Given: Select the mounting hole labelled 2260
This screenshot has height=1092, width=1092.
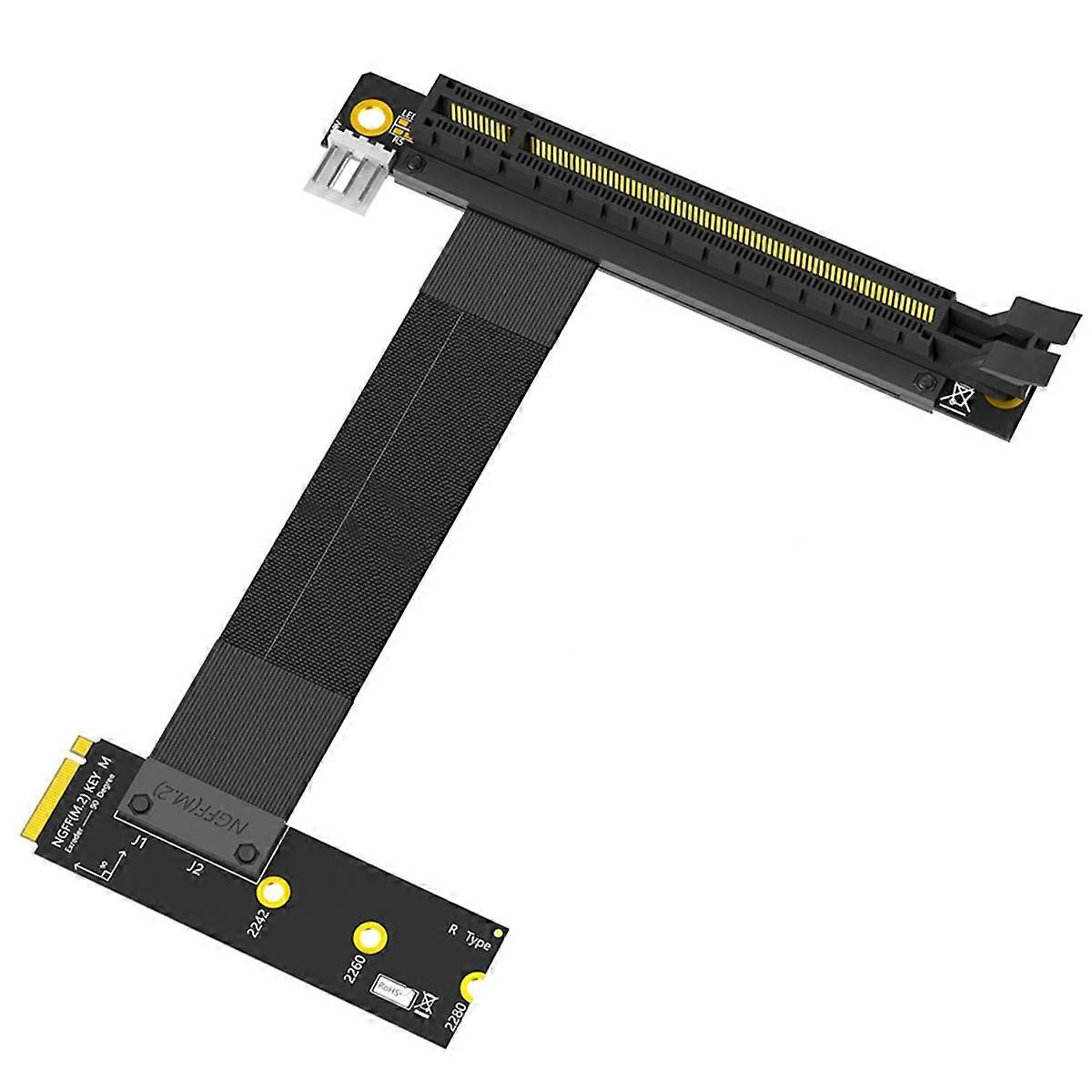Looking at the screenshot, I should (369, 936).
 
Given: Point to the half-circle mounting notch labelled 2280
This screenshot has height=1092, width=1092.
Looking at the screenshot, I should (475, 986).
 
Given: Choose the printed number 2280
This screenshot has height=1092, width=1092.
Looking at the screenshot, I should (458, 1023).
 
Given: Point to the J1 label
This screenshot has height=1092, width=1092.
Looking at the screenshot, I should (138, 842).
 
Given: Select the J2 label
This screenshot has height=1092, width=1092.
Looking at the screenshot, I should (193, 868).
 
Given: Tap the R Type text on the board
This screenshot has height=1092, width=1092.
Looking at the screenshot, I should (470, 935).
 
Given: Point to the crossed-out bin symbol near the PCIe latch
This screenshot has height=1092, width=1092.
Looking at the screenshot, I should (957, 398).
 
